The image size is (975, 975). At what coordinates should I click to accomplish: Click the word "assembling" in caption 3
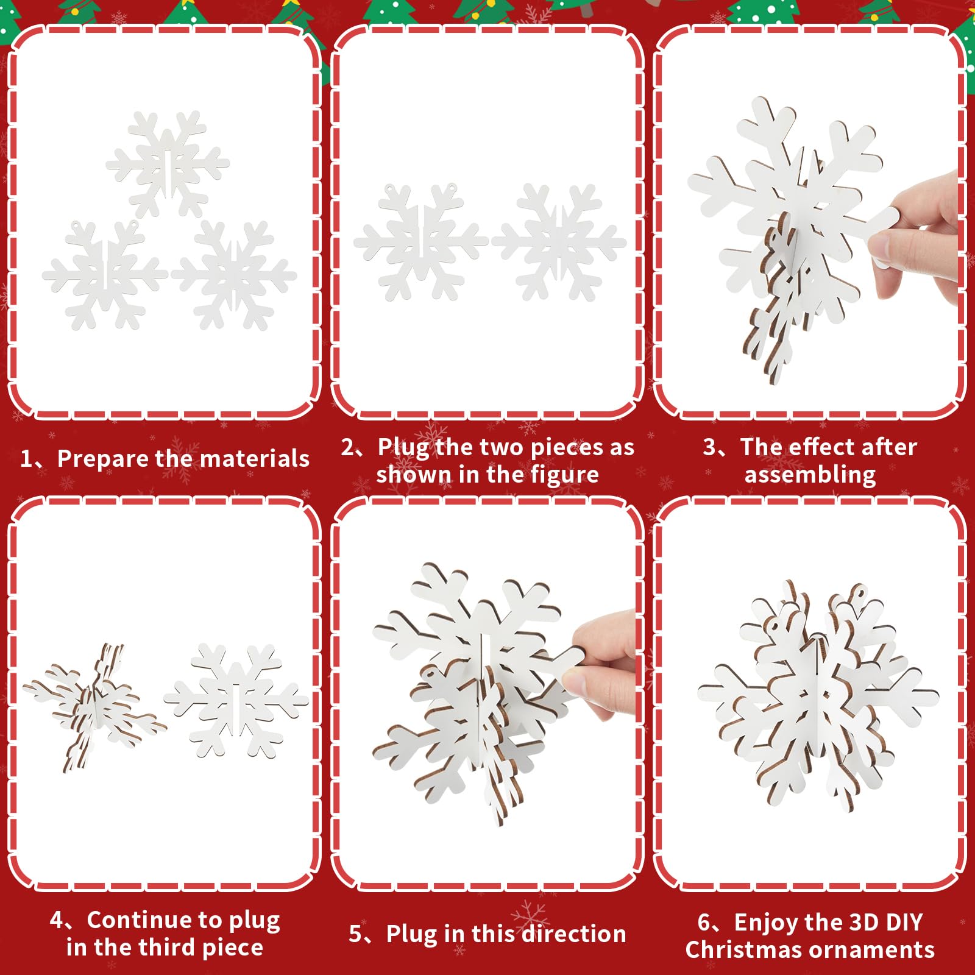click(810, 475)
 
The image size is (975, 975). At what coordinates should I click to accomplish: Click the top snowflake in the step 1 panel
click(168, 163)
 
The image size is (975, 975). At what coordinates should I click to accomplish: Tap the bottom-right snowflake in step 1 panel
click(234, 276)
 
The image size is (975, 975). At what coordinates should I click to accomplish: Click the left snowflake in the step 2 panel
click(420, 242)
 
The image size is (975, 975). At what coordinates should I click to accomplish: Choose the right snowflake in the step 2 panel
click(559, 242)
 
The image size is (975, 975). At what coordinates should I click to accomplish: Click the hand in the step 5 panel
click(603, 661)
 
